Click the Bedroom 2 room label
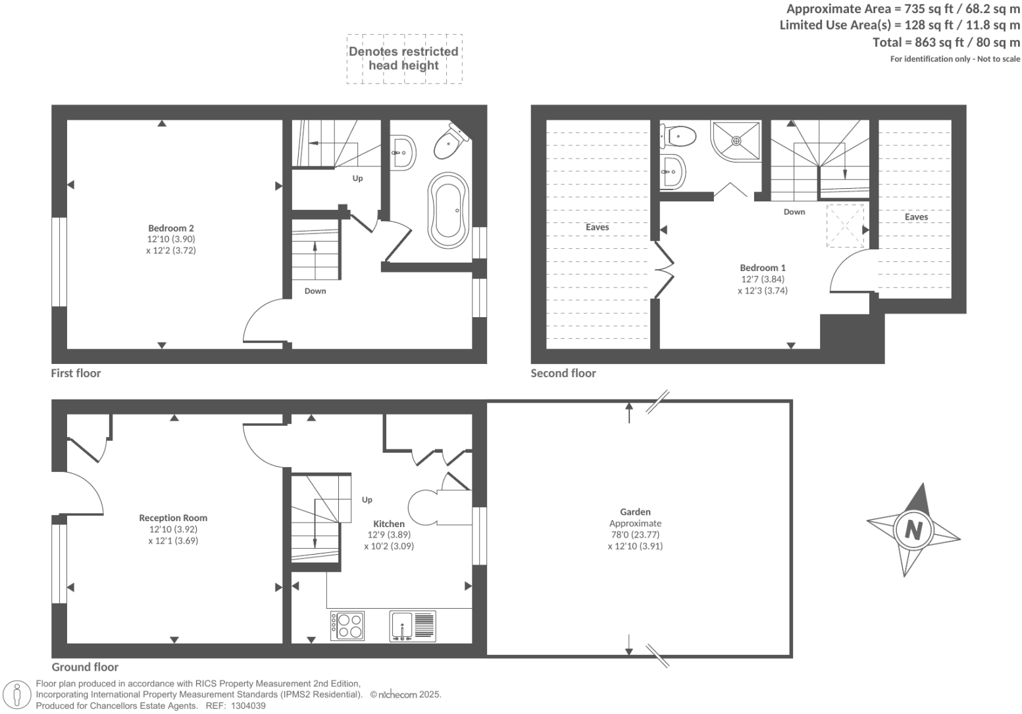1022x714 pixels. point(170,228)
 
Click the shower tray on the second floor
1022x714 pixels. point(736,140)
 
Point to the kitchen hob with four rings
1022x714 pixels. point(347,626)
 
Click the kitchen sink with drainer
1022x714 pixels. point(412,626)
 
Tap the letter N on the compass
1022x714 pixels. point(913,529)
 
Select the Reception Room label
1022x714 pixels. point(173,518)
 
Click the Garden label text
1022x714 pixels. point(635,511)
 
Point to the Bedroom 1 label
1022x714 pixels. point(763,268)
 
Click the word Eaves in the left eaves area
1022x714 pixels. point(597,227)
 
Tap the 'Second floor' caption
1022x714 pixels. point(563,373)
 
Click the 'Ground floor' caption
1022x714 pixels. point(85,667)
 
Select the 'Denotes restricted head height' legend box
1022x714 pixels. point(403,59)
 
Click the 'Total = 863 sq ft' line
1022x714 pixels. point(946,43)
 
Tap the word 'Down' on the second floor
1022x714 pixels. point(794,212)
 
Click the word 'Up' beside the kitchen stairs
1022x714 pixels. point(367,499)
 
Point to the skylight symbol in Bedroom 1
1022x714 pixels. point(845,225)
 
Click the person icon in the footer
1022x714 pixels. point(18,695)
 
